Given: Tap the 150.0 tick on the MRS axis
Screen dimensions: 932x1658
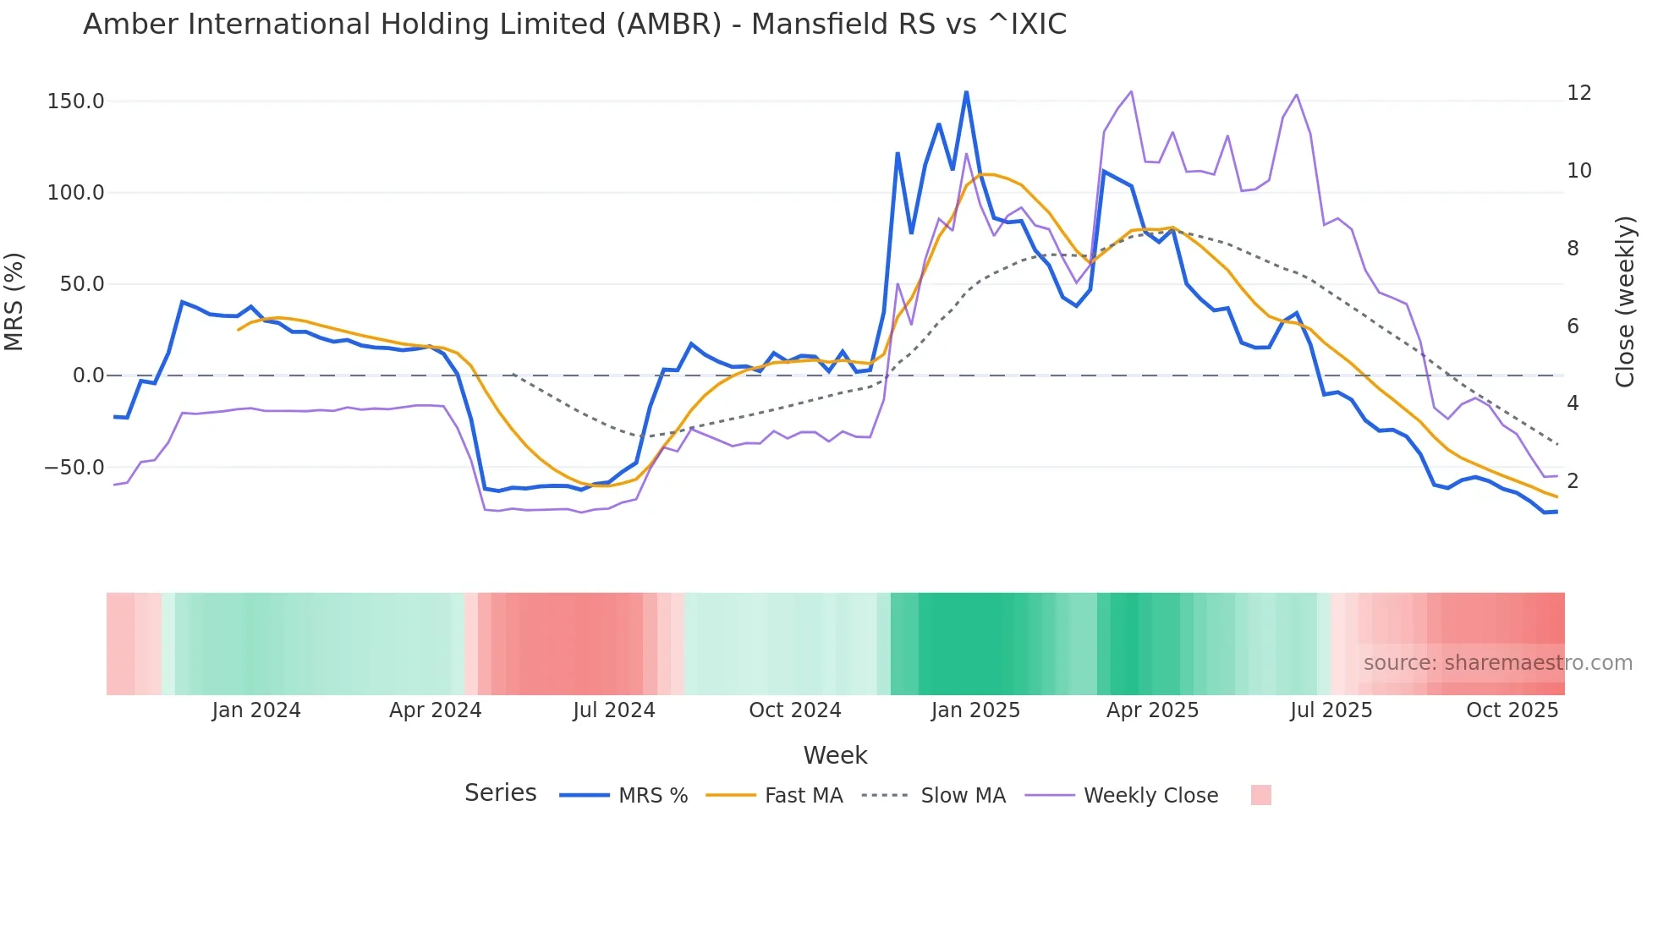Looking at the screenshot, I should [76, 101].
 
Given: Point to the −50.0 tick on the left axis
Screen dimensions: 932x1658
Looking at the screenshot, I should [74, 468].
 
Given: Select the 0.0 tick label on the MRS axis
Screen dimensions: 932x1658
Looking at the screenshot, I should [88, 376].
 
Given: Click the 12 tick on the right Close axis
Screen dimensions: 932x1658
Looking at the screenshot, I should [1578, 93].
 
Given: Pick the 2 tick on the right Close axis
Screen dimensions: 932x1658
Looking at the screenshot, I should [1573, 481].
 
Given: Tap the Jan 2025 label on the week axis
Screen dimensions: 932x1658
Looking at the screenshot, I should [975, 710].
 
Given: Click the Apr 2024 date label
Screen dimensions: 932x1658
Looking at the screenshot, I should [435, 710].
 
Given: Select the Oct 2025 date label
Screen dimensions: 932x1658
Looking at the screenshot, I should [1512, 710].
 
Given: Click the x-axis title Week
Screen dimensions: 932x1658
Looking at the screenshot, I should [835, 755].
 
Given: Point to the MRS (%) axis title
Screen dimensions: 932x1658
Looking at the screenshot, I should [14, 302].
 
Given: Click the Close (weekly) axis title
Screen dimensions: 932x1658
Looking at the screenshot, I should [1625, 302].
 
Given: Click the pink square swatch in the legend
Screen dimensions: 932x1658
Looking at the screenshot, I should [1260, 795].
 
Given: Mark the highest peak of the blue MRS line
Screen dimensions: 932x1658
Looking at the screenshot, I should [966, 91].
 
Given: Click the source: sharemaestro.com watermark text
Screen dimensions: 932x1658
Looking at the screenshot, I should [1497, 663].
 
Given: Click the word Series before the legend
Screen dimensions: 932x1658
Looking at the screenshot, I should [500, 793].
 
